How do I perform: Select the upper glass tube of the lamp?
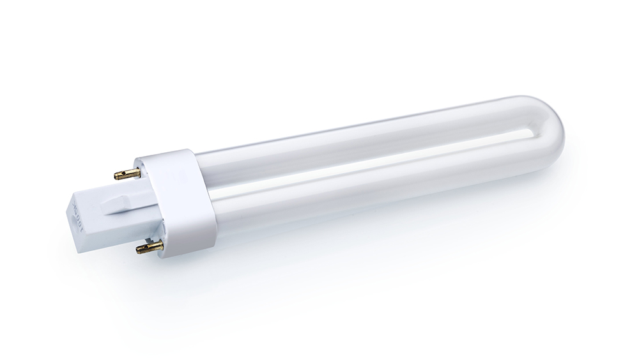pyautogui.click(x=358, y=141)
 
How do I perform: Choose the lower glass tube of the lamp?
pyautogui.click(x=371, y=185)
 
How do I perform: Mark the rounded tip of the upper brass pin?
pyautogui.click(x=117, y=175)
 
